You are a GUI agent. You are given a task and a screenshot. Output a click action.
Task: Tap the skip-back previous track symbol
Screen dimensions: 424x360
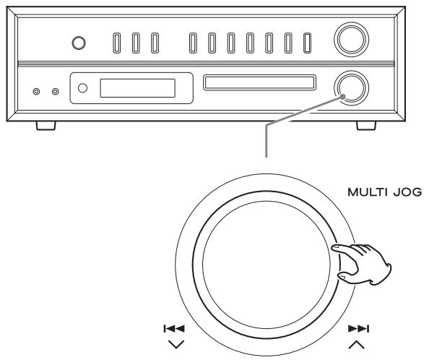tap(174, 329)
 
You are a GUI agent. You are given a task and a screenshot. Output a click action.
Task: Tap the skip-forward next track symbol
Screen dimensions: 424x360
tap(358, 329)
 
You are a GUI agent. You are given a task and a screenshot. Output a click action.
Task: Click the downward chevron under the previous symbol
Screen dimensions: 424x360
tap(176, 344)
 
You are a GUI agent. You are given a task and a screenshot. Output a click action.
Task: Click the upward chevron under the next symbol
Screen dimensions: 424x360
tap(357, 345)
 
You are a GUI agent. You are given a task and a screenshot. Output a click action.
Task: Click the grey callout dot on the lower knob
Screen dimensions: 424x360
tap(343, 97)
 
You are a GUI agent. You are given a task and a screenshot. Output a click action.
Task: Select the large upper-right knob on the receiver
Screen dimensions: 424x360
tap(351, 40)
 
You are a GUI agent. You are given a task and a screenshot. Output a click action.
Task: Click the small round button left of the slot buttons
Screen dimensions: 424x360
tap(79, 43)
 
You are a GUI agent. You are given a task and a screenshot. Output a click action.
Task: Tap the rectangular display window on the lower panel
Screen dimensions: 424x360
tap(138, 88)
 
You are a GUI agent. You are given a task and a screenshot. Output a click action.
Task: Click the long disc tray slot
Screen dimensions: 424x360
tap(259, 82)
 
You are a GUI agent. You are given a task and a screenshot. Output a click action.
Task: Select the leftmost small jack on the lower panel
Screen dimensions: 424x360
tap(36, 92)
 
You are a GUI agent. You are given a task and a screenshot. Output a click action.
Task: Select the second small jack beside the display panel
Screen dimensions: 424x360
tap(56, 92)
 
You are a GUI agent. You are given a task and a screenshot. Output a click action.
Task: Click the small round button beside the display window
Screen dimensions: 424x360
tap(82, 88)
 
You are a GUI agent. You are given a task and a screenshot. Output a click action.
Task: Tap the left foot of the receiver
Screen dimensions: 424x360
tap(46, 126)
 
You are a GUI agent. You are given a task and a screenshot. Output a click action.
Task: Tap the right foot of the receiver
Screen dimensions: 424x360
tap(366, 126)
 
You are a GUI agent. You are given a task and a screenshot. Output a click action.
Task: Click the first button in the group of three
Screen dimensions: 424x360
tap(117, 43)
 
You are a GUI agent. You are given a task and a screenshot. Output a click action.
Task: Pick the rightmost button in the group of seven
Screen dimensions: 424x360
tap(307, 43)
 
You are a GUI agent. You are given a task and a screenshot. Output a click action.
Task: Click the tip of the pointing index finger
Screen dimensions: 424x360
tap(333, 247)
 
